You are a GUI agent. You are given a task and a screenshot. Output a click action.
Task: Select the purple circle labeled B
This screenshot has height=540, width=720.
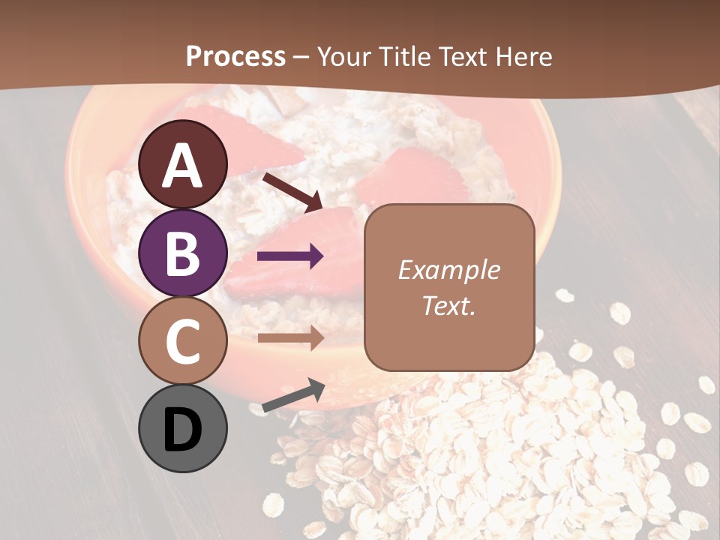coord(183,253)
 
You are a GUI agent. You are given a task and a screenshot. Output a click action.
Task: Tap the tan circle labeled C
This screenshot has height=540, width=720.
coord(183,340)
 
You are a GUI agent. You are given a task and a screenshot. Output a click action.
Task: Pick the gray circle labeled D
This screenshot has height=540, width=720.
coord(183,428)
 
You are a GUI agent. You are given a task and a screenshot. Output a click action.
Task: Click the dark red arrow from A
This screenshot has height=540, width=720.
coord(292,191)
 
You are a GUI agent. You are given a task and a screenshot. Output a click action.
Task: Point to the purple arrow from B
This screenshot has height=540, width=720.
coord(290,256)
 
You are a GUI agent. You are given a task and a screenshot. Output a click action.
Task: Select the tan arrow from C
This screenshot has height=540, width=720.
coord(290,337)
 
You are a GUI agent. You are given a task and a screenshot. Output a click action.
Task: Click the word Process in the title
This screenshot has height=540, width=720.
coord(235,56)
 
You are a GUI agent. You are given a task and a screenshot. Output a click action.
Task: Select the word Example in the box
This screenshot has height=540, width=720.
coord(448,270)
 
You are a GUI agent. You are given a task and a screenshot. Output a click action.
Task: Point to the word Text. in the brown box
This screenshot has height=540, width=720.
coord(448,306)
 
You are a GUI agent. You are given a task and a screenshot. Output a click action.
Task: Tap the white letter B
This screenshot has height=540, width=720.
coord(183,254)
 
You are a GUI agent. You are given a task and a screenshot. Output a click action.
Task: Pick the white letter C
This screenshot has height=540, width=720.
coord(183,342)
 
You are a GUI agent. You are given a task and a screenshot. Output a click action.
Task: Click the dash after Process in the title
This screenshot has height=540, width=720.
coord(301,58)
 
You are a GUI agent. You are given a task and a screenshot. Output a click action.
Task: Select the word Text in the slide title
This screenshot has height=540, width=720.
coord(463,56)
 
